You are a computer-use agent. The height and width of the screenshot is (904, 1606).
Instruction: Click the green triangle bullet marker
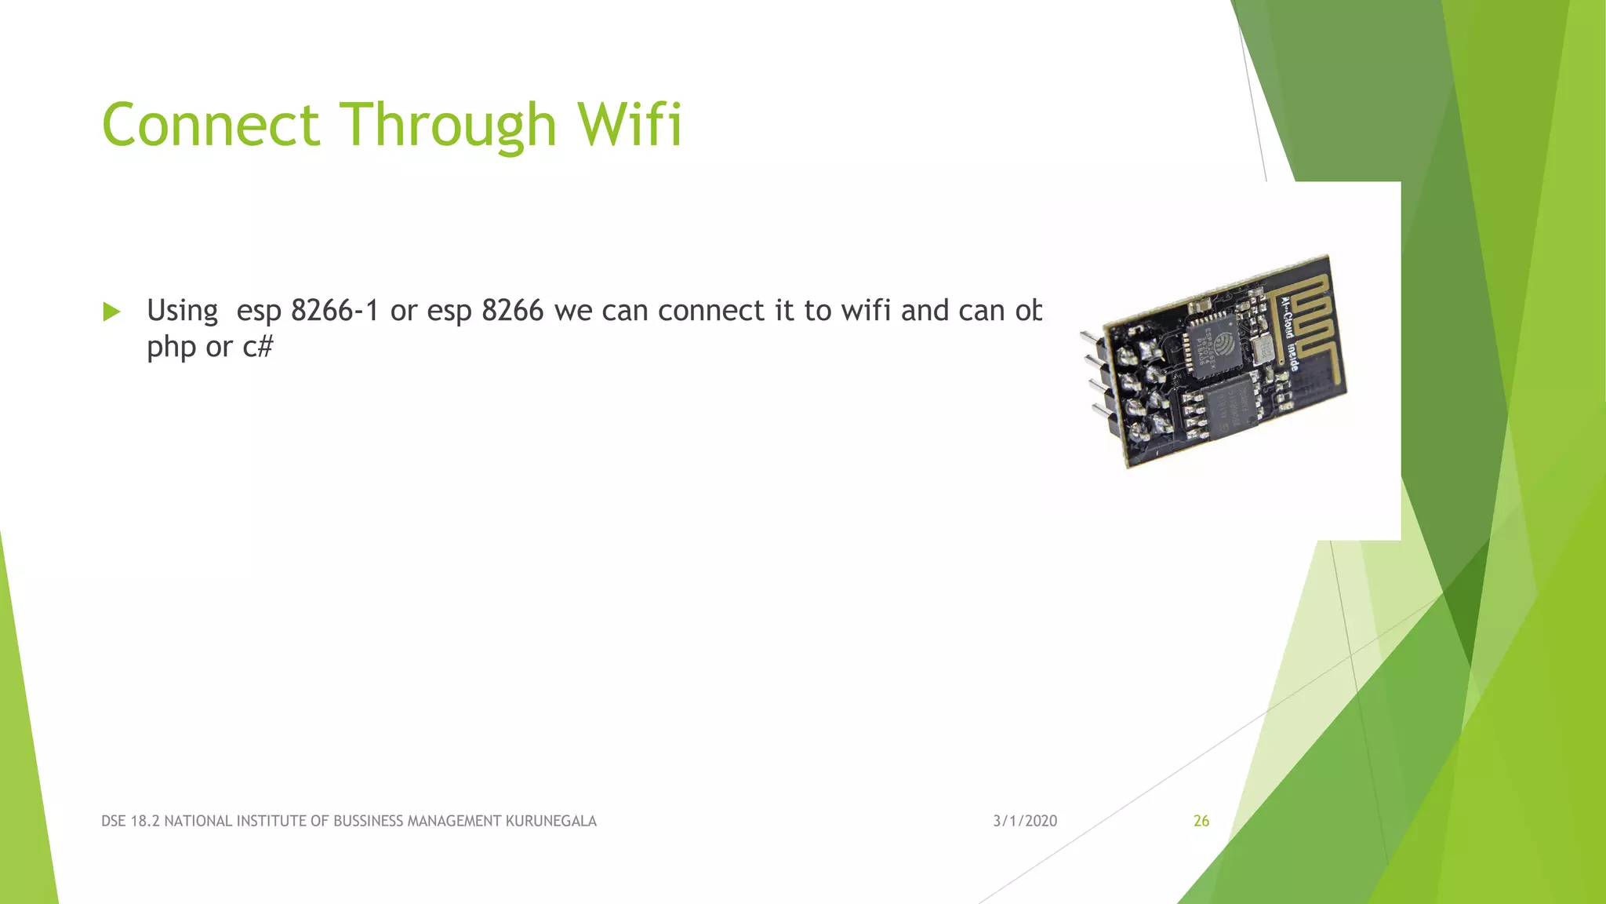pyautogui.click(x=111, y=312)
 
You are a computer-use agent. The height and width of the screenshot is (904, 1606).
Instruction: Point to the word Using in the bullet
pyautogui.click(x=182, y=312)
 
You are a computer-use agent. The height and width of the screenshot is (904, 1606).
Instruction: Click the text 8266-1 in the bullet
pyautogui.click(x=335, y=311)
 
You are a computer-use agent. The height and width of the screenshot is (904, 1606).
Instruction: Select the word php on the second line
pyautogui.click(x=171, y=347)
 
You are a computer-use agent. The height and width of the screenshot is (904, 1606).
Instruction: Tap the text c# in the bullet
pyautogui.click(x=258, y=347)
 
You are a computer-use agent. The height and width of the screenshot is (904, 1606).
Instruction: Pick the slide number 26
pyautogui.click(x=1201, y=821)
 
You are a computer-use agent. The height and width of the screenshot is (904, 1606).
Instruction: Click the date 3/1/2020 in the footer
pyautogui.click(x=1025, y=821)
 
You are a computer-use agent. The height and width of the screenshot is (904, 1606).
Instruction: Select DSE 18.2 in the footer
pyautogui.click(x=130, y=821)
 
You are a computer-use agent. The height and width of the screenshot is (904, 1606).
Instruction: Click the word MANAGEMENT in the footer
pyautogui.click(x=454, y=821)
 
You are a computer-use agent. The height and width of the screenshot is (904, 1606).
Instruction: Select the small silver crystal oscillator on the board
pyautogui.click(x=1263, y=351)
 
